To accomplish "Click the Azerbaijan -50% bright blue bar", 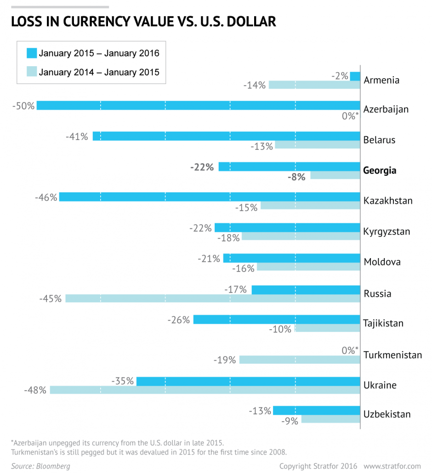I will pyautogui.click(x=198, y=105).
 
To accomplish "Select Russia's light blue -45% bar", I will pyautogui.click(x=213, y=298).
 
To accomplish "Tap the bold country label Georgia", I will pyautogui.click(x=380, y=170).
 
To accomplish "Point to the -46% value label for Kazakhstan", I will pyautogui.click(x=46, y=197).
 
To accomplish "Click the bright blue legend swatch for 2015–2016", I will pyautogui.click(x=32, y=53).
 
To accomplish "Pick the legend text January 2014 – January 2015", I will pyautogui.click(x=99, y=72).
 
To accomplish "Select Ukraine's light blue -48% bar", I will pyautogui.click(x=205, y=390).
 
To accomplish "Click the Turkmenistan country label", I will pyautogui.click(x=392, y=355).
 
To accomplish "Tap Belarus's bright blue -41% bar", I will pyautogui.click(x=226, y=136).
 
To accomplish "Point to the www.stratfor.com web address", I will pyautogui.click(x=392, y=466).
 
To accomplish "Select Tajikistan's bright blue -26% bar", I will pyautogui.click(x=277, y=320).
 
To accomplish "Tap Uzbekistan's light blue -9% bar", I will pyautogui.click(x=330, y=419).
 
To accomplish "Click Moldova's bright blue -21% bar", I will pyautogui.click(x=291, y=258).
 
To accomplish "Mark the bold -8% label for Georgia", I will pyautogui.click(x=296, y=177).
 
